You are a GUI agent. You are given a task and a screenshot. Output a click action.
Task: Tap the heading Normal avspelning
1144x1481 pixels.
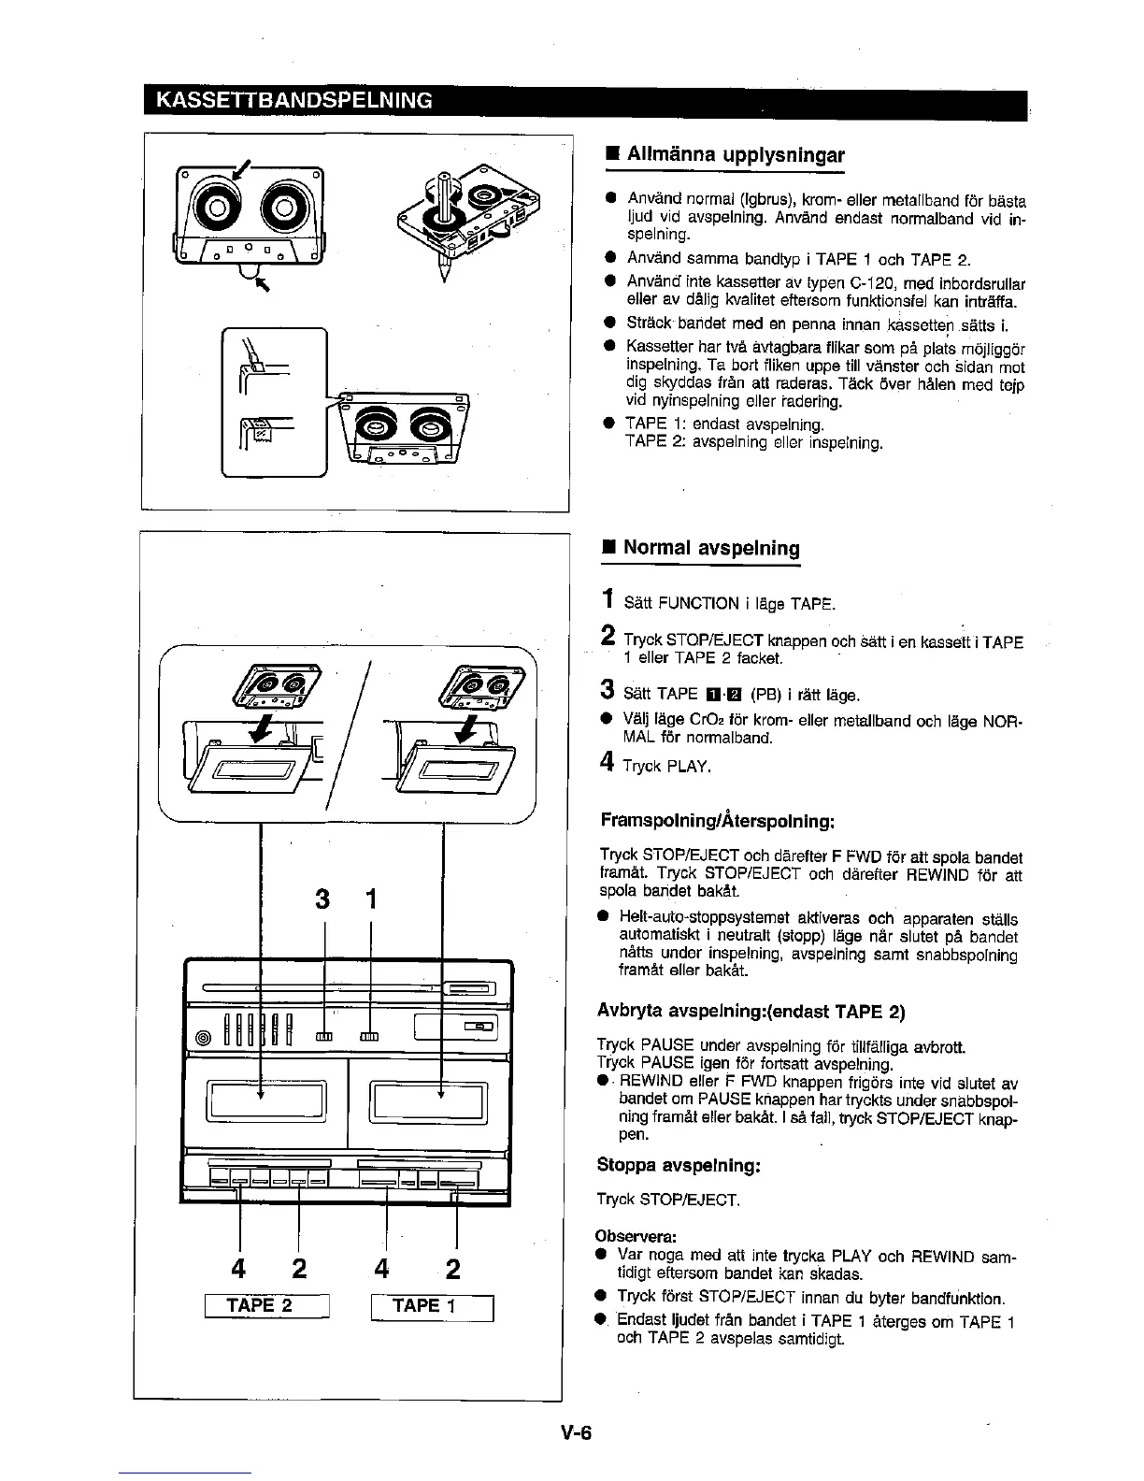tap(711, 547)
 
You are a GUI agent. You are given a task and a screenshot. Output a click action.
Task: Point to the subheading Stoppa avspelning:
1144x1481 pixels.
tap(679, 1166)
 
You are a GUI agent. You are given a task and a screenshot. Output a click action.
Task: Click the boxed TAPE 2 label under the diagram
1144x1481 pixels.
tap(265, 1306)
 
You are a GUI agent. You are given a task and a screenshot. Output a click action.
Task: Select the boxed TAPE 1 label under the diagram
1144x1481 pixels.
tap(430, 1306)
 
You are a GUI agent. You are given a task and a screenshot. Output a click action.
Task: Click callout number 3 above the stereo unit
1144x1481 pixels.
tap(323, 899)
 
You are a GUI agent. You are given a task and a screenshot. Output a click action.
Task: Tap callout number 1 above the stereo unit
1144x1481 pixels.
tap(371, 899)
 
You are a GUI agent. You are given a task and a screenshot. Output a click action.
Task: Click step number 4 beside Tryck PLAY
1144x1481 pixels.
tap(608, 763)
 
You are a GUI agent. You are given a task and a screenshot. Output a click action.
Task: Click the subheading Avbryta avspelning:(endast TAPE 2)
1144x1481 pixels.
tap(751, 1012)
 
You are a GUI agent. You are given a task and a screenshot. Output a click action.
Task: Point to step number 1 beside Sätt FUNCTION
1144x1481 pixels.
tap(608, 599)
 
